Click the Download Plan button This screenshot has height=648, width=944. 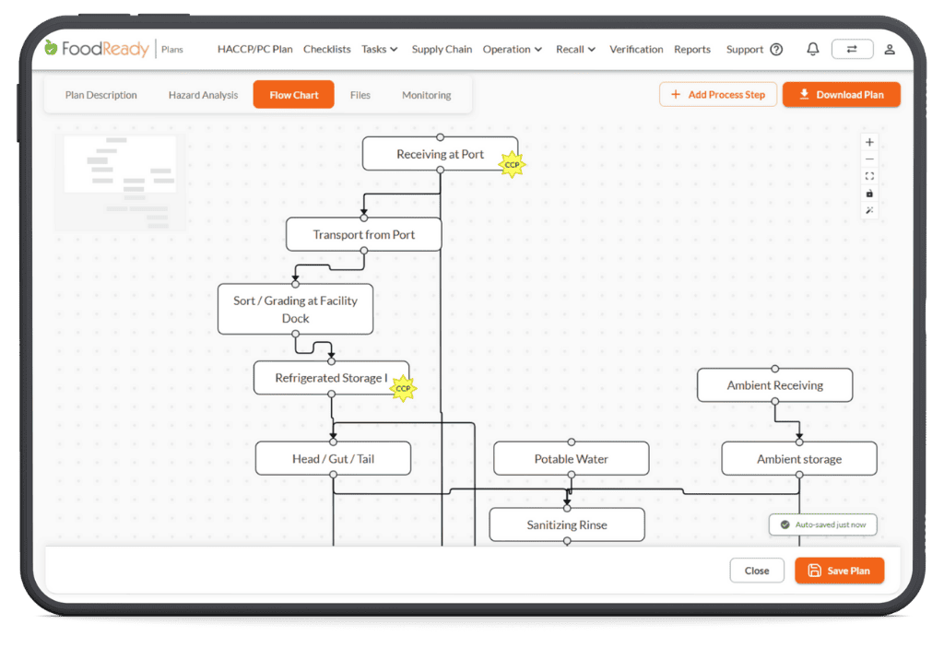click(x=841, y=95)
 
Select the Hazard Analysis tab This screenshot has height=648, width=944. click(x=203, y=95)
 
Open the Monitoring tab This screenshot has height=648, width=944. click(x=426, y=95)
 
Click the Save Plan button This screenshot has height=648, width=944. click(x=839, y=571)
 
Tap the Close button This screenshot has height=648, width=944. click(x=757, y=571)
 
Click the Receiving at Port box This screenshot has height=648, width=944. click(x=440, y=154)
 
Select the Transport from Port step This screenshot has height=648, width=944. click(x=363, y=234)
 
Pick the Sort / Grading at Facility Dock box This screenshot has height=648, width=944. click(x=295, y=309)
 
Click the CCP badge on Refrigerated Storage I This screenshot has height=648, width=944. click(x=403, y=388)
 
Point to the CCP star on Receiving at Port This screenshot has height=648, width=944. click(x=512, y=164)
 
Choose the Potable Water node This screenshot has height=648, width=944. click(x=572, y=459)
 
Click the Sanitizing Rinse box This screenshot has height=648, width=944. click(x=567, y=524)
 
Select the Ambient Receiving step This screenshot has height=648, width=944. click(x=774, y=384)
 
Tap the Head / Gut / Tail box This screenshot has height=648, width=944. click(x=333, y=459)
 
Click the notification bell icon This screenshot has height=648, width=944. click(x=813, y=49)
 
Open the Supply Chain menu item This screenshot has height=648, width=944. click(x=442, y=50)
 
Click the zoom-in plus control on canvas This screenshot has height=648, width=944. click(x=869, y=142)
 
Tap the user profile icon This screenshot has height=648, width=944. click(x=890, y=50)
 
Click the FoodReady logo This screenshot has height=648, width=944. click(x=97, y=48)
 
